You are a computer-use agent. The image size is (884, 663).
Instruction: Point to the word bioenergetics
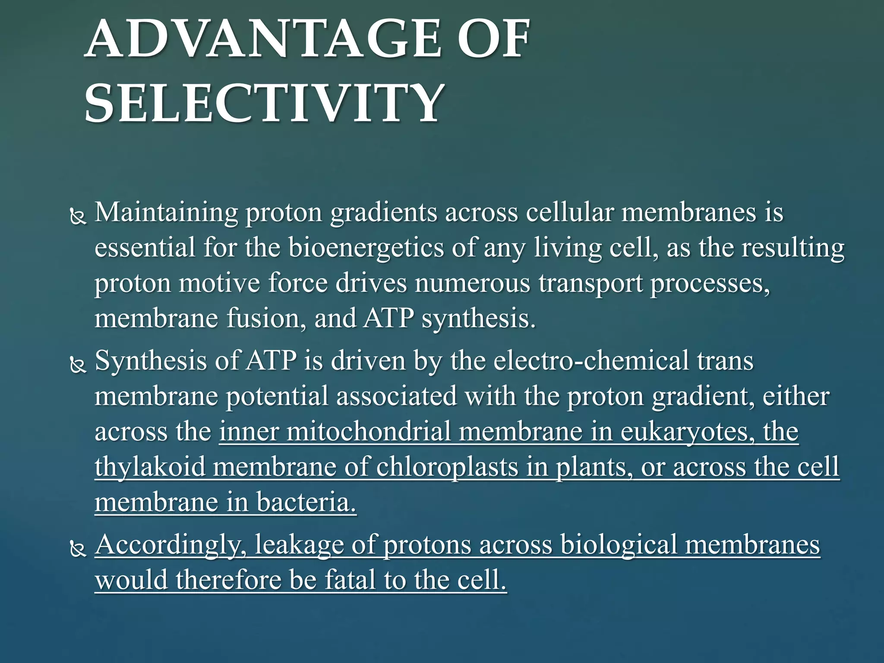366,248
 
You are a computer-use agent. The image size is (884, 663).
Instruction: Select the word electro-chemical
591,361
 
